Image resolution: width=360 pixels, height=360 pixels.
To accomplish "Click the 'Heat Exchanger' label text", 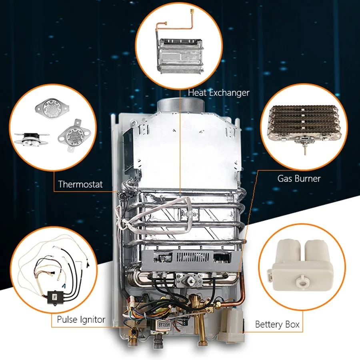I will [x=218, y=93].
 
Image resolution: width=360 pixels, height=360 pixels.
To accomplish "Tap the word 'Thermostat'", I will [x=80, y=184].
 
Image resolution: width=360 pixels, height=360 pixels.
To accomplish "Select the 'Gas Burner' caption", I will [x=299, y=178].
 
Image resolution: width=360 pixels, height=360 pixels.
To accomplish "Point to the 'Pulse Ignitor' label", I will [x=81, y=320].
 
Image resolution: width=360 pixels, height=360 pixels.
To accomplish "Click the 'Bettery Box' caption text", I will [x=277, y=324].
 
